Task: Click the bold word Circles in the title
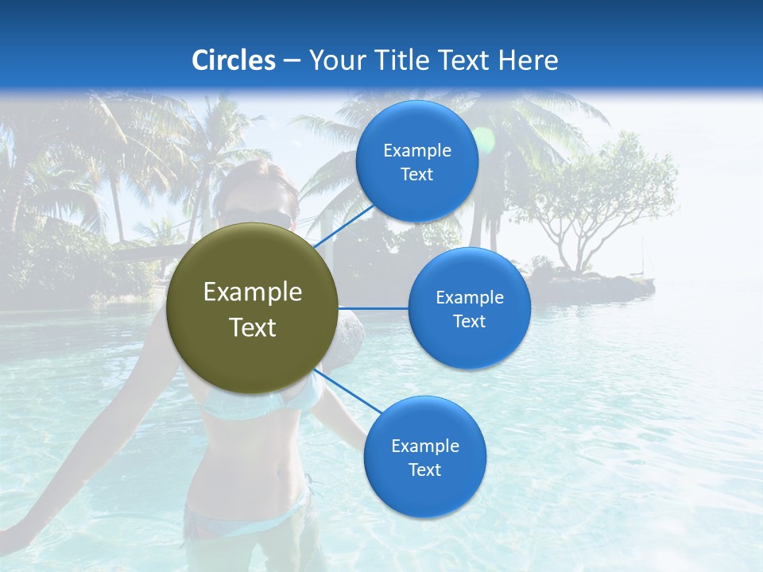tap(233, 60)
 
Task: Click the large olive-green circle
tap(252, 308)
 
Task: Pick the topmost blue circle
tap(416, 161)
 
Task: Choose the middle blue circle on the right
tap(469, 308)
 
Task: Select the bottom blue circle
tap(424, 457)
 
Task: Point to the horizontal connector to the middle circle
tap(373, 308)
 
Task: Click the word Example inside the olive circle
tap(252, 292)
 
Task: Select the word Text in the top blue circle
tap(416, 175)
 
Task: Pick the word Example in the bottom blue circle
tap(424, 446)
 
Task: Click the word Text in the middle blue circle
tap(469, 322)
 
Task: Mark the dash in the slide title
tap(292, 60)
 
